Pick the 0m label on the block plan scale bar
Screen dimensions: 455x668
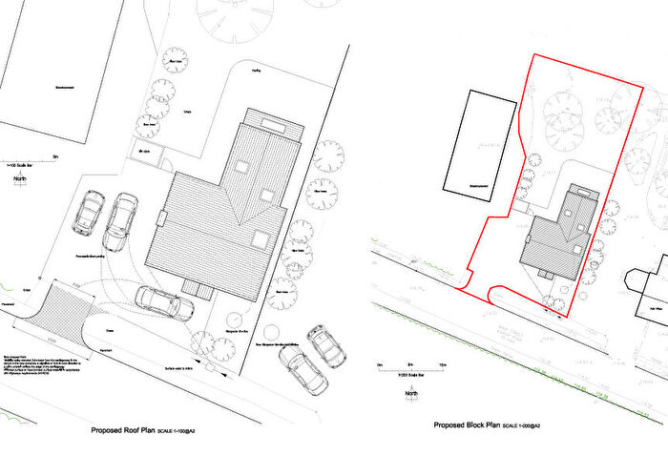coord(380,363)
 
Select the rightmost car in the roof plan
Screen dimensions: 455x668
coord(330,348)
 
